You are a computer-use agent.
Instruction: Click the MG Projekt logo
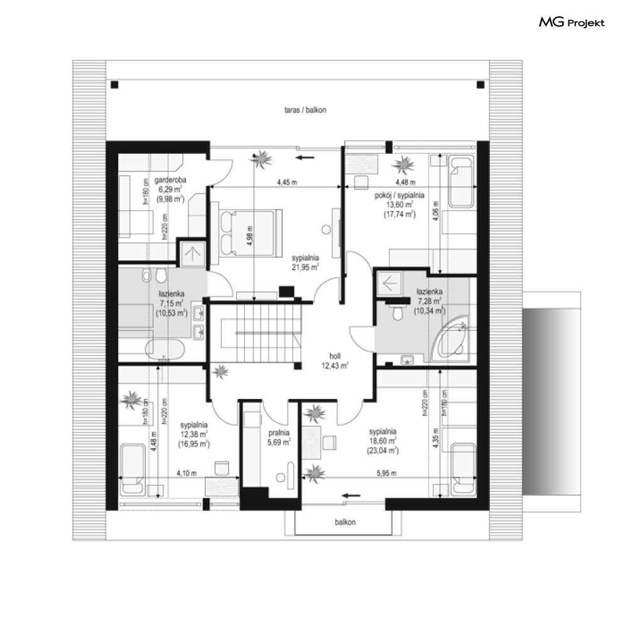tap(572, 23)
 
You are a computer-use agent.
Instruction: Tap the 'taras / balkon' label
tap(305, 110)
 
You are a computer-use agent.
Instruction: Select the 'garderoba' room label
tap(170, 180)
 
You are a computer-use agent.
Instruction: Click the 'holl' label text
tap(335, 356)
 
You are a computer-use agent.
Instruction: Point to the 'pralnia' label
tap(279, 433)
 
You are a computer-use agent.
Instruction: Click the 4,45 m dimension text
tap(287, 182)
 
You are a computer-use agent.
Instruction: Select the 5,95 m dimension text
tap(386, 473)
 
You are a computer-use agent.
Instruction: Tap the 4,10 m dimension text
tap(187, 473)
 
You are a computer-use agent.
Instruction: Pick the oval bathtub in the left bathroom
tap(165, 349)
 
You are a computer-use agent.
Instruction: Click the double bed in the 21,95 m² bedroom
tap(250, 232)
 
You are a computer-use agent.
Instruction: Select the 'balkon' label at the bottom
tap(345, 522)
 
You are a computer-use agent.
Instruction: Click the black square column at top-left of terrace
tap(115, 85)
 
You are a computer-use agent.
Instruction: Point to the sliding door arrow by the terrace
tap(305, 158)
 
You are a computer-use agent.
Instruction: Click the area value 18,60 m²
tap(383, 440)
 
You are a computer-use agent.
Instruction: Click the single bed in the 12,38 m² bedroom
tap(133, 469)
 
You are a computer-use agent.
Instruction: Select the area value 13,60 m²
tap(399, 205)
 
